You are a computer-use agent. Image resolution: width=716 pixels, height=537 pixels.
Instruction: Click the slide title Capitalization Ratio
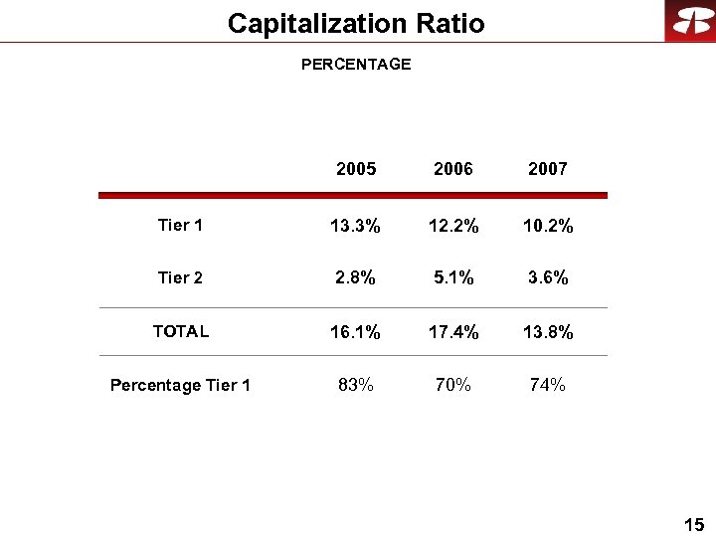(356, 23)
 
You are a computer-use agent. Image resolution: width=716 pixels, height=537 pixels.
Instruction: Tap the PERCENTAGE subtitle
(356, 65)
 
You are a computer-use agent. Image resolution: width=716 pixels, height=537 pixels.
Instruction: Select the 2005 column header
(356, 169)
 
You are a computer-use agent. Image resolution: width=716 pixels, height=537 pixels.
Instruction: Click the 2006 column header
(453, 169)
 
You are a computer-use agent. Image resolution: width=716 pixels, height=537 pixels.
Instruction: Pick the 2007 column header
(548, 169)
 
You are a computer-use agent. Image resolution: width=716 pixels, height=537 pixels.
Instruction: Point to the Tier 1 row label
(180, 226)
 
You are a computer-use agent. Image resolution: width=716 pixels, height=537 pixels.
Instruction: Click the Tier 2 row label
(180, 277)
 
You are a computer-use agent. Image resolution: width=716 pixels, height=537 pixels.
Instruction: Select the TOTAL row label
(180, 331)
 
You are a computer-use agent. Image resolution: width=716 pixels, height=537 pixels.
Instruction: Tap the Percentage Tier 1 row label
(180, 385)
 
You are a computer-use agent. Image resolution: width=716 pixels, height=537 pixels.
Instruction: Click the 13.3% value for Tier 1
(356, 227)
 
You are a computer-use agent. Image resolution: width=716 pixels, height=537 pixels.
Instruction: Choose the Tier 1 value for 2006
(453, 227)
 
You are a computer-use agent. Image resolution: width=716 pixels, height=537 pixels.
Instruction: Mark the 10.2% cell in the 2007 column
(548, 227)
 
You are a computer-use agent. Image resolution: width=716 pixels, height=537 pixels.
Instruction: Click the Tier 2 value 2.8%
(356, 278)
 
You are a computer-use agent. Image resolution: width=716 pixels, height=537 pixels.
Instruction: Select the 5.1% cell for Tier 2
(453, 278)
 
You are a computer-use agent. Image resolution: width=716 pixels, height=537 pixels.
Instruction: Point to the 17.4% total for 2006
(453, 332)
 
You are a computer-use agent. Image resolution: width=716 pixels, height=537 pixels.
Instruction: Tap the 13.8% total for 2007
(548, 332)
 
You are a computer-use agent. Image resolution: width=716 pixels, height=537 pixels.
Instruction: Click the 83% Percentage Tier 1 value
(356, 385)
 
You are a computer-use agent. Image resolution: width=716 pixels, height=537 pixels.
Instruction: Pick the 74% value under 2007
(548, 385)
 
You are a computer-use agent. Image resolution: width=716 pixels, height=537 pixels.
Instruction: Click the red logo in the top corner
(690, 21)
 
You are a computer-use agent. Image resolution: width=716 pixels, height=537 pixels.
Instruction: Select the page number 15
(694, 524)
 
